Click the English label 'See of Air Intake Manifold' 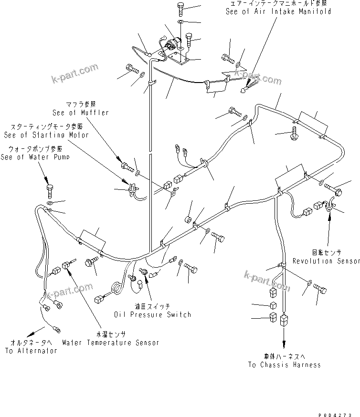coord(278,11)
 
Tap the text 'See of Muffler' coord(81,113)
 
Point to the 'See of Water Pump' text coord(35,157)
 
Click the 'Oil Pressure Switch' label coord(152,314)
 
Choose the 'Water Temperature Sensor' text coord(110,343)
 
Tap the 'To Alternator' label coord(31,351)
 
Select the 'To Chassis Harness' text coord(284,365)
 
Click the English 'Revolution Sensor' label coord(326,261)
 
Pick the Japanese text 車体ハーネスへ coord(284,356)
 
